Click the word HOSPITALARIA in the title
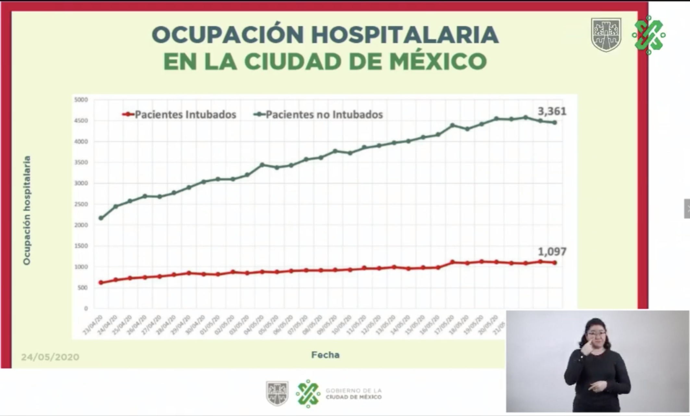click(405, 34)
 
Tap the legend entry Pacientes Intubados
click(185, 115)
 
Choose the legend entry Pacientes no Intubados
click(324, 115)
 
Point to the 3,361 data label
click(552, 111)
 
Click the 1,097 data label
click(552, 251)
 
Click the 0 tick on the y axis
click(86, 309)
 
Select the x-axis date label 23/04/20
click(93, 324)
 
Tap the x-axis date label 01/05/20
click(211, 324)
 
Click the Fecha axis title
click(325, 355)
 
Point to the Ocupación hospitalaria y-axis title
click(27, 210)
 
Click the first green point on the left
click(101, 218)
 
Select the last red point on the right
click(555, 263)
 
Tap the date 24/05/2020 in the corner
click(50, 357)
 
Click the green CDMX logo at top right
click(648, 35)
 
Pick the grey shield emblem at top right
click(606, 34)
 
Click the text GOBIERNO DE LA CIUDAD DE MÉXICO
click(353, 394)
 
